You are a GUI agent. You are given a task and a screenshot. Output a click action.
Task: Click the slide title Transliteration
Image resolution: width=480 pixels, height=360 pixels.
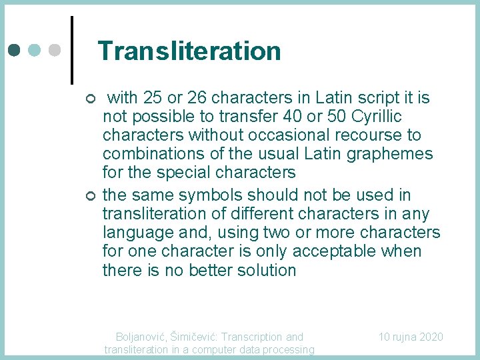click(189, 51)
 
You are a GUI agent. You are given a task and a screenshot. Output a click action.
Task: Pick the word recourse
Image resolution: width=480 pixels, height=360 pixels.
click(374, 135)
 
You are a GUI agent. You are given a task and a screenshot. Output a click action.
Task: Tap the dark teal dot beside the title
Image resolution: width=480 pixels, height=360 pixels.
click(15, 50)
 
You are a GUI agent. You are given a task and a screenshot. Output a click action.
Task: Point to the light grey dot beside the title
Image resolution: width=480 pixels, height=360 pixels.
click(55, 50)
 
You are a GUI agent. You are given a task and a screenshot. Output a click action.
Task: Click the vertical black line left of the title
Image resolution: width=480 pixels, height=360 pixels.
click(71, 50)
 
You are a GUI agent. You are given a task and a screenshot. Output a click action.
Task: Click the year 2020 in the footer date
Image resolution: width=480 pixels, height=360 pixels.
click(431, 337)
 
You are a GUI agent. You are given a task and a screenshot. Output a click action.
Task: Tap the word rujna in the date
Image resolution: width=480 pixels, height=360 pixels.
click(405, 337)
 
